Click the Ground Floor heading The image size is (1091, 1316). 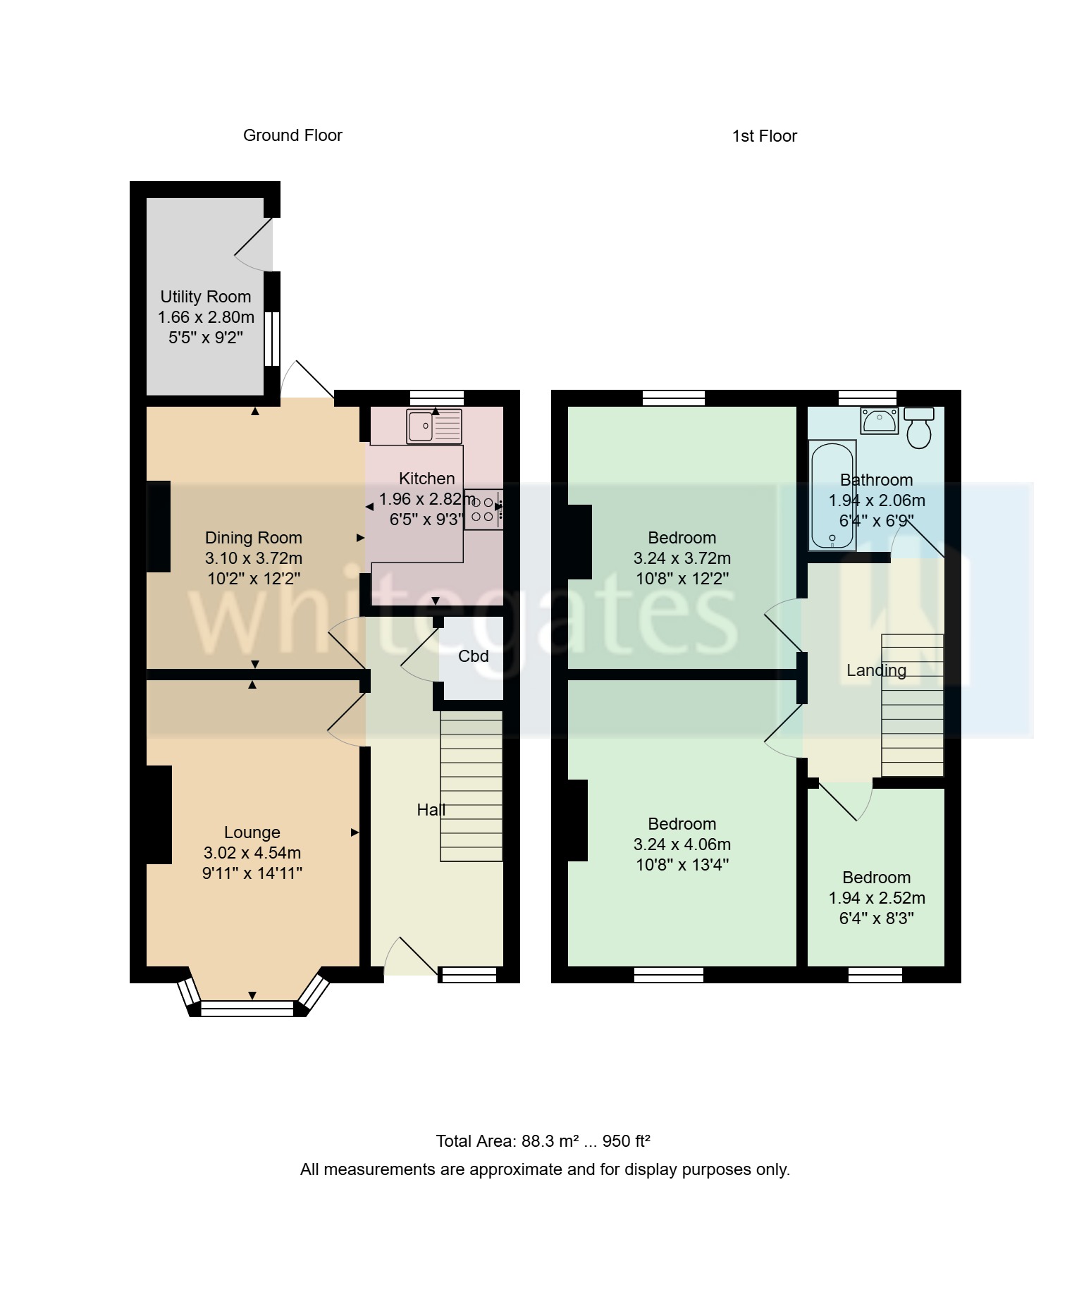(x=292, y=135)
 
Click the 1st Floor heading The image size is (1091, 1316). (x=764, y=136)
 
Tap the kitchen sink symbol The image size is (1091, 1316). (x=434, y=426)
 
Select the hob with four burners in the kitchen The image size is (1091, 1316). (x=483, y=509)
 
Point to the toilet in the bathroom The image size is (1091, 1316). (x=919, y=427)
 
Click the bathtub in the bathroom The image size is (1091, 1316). (x=832, y=496)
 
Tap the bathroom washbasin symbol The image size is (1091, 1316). (x=879, y=421)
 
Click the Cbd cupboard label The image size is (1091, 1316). (x=473, y=656)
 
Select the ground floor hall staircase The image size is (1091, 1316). (x=471, y=786)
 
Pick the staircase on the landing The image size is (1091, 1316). (x=912, y=705)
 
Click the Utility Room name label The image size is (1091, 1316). (x=205, y=297)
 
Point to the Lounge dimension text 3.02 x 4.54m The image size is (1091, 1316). (x=252, y=853)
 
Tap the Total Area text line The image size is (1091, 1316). (x=543, y=1141)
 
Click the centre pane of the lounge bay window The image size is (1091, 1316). (x=247, y=1009)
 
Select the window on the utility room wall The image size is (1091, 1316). (x=272, y=338)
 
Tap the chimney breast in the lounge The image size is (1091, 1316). (x=159, y=814)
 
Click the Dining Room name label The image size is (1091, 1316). (x=253, y=538)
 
